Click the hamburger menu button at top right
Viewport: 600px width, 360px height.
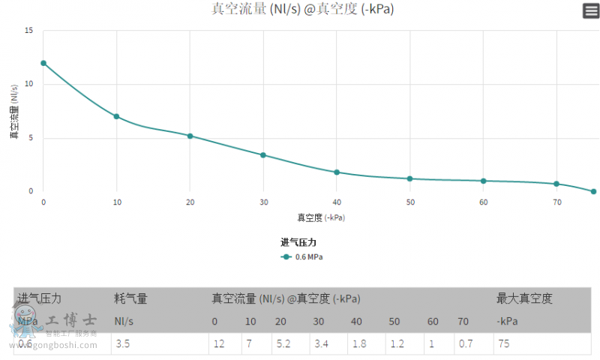tap(591, 10)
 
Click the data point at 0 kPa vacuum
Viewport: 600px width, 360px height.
tap(43, 63)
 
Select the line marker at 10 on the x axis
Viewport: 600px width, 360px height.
tap(116, 116)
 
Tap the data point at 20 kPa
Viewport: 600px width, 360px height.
tap(190, 136)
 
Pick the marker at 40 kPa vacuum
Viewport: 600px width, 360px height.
tap(337, 172)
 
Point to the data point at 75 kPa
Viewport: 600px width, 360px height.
tap(593, 191)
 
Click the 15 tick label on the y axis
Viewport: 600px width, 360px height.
tap(28, 31)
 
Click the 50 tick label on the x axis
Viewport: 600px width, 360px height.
tap(409, 203)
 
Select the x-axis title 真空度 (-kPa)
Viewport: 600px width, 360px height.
tap(321, 217)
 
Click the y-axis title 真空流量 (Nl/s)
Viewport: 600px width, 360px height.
tap(14, 112)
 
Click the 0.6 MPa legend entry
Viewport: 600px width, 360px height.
tap(303, 256)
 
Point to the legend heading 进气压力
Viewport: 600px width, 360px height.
tap(298, 242)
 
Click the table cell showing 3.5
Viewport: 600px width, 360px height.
tap(124, 344)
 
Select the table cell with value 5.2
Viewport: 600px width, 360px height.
tap(283, 344)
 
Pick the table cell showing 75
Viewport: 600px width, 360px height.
tap(503, 344)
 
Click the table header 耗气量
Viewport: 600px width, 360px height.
tap(130, 298)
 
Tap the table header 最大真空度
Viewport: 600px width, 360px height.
tap(523, 298)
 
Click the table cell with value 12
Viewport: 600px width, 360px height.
tap(218, 344)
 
